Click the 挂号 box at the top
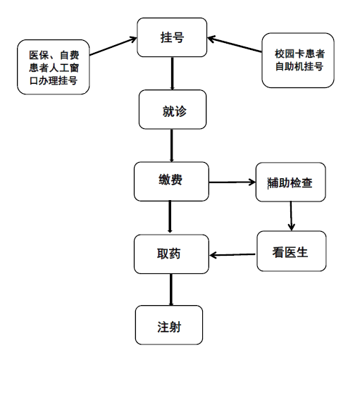click(172, 37)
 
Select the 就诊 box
click(173, 109)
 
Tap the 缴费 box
click(171, 182)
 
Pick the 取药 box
click(171, 254)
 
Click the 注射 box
click(169, 325)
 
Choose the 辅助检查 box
click(291, 182)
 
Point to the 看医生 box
click(292, 251)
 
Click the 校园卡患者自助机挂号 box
click(298, 61)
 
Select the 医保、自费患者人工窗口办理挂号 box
click(54, 67)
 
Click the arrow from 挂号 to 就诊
click(172, 73)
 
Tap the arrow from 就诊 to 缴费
click(172, 145)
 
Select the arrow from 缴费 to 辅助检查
click(232, 182)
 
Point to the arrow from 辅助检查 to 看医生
click(291, 216)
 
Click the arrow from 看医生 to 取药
click(232, 255)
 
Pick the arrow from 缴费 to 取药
click(170, 217)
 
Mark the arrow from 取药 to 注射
click(171, 290)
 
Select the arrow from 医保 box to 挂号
click(113, 46)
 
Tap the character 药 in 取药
click(175, 254)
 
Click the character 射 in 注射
click(175, 327)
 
